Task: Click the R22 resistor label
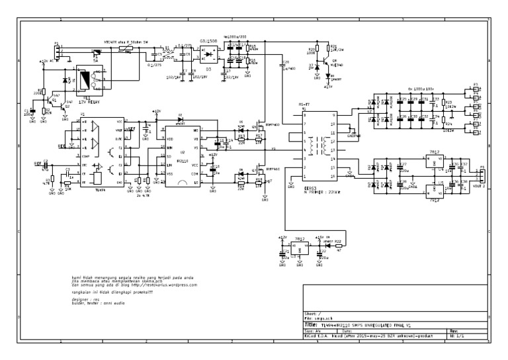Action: point(337,242)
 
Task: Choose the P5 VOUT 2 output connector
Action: point(483,177)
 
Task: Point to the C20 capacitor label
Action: point(285,63)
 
